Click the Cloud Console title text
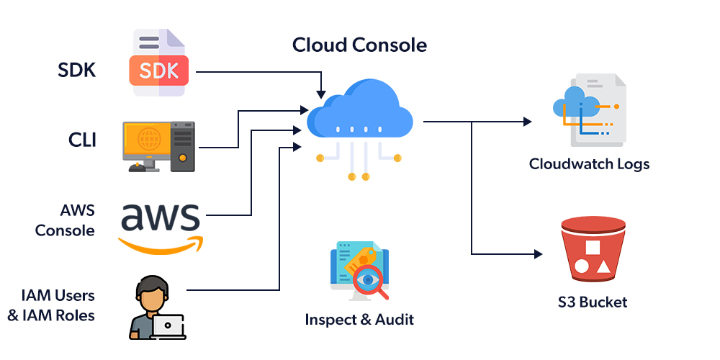(x=359, y=45)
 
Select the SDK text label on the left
(x=77, y=71)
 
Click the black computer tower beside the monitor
(x=183, y=146)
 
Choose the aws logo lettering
(x=160, y=217)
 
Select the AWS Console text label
(x=66, y=220)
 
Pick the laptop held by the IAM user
(x=168, y=326)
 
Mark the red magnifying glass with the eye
(x=370, y=280)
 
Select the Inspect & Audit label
(x=359, y=319)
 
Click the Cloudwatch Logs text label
(x=589, y=164)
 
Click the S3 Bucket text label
(x=593, y=302)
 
